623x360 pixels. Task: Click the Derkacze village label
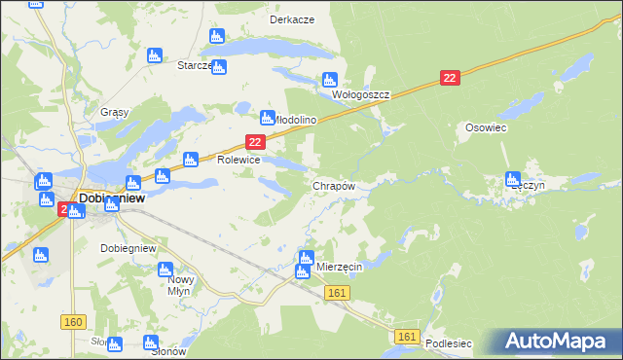pyautogui.click(x=292, y=19)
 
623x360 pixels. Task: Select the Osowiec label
pyautogui.click(x=484, y=127)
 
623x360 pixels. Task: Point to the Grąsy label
pyautogui.click(x=115, y=112)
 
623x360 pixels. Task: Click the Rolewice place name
pyautogui.click(x=238, y=160)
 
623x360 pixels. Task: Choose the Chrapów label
pyautogui.click(x=334, y=185)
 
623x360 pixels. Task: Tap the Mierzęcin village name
pyautogui.click(x=340, y=267)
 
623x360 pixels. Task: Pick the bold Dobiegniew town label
pyautogui.click(x=112, y=197)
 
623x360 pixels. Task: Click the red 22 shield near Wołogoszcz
pyautogui.click(x=449, y=78)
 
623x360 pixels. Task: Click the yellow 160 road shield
pyautogui.click(x=72, y=321)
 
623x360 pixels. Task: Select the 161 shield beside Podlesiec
pyautogui.click(x=408, y=337)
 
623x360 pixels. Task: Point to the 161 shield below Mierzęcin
pyautogui.click(x=338, y=293)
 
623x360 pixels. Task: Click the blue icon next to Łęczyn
pyautogui.click(x=513, y=178)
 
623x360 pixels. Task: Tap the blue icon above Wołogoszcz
pyautogui.click(x=329, y=80)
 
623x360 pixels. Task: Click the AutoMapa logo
pyautogui.click(x=558, y=342)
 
